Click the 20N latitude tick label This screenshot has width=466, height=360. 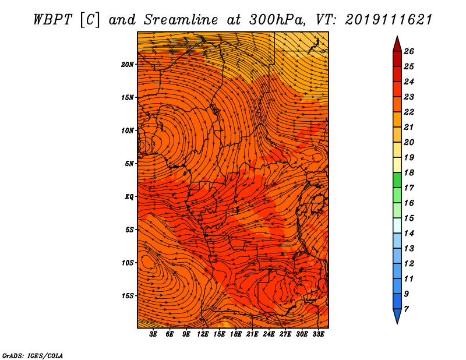coord(128,65)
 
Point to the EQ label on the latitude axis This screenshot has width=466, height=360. coord(129,197)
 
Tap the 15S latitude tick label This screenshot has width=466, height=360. coord(128,296)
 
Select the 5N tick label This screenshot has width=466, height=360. coord(129,164)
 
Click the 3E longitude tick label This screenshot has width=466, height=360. coord(153,334)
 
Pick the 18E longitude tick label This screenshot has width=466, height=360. coord(236,334)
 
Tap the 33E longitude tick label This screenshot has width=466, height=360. coord(318,334)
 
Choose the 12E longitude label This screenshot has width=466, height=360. coord(203,334)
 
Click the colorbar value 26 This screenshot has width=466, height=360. coord(409,51)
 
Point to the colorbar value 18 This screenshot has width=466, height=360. coord(409,172)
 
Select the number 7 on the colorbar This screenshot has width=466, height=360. coord(406,309)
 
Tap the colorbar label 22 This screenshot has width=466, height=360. coord(409,112)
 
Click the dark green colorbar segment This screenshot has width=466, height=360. coord(397,180)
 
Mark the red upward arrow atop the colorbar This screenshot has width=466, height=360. coord(397,45)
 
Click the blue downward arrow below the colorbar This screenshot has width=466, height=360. coord(397,316)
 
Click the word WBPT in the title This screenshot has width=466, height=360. coord(52,20)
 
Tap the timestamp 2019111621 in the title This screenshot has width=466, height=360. coord(388,20)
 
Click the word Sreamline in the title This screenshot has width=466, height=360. coord(181,20)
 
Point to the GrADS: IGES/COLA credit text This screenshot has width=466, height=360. coord(33,356)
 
